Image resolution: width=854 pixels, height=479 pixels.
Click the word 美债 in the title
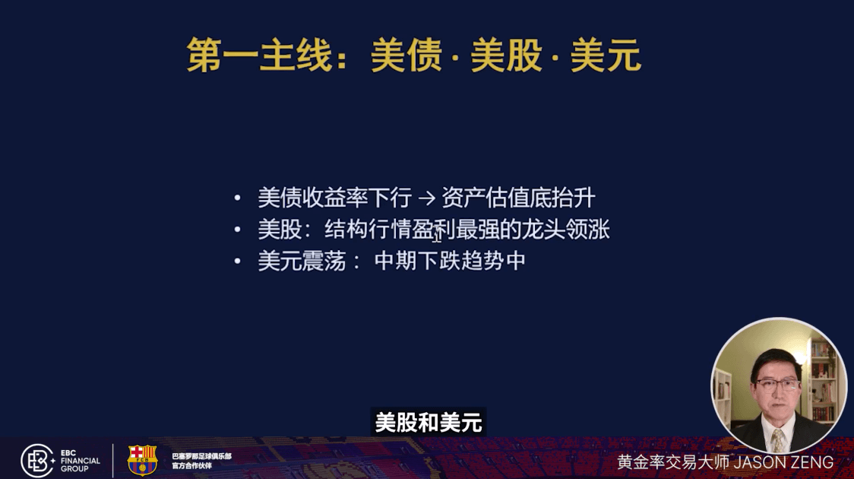click(406, 56)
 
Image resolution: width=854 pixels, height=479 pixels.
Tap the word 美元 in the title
click(606, 56)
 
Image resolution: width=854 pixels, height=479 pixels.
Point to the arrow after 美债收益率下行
click(426, 199)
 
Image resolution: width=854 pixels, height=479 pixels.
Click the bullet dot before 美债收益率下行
click(238, 199)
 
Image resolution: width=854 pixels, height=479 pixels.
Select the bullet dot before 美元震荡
click(238, 262)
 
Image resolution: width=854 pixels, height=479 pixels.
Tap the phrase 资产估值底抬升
click(518, 199)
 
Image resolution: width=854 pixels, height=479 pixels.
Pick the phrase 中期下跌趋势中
click(450, 262)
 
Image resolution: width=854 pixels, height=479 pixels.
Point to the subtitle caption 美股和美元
click(429, 422)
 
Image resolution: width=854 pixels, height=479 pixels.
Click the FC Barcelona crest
click(142, 460)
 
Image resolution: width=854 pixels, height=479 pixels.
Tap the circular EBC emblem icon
click(37, 460)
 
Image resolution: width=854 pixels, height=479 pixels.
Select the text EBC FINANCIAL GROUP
click(80, 460)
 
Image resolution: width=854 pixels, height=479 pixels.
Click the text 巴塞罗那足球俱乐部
click(201, 455)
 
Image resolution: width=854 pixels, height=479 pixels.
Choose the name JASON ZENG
click(787, 462)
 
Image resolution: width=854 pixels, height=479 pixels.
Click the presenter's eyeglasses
click(777, 383)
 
